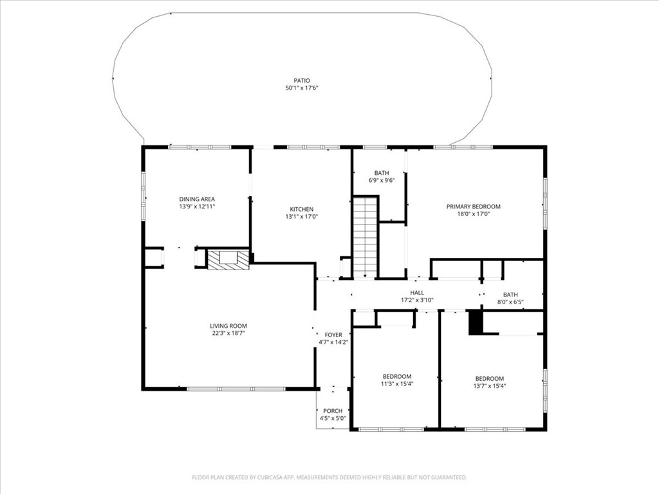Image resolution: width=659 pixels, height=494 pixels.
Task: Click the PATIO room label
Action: pyautogui.click(x=302, y=80)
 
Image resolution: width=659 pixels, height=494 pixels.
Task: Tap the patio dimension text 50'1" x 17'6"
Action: pyautogui.click(x=302, y=88)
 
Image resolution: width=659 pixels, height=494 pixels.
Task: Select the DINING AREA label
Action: pyautogui.click(x=196, y=199)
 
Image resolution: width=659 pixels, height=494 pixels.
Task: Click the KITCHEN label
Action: pyautogui.click(x=301, y=209)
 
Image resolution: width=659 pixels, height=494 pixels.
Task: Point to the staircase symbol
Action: pyautogui.click(x=365, y=237)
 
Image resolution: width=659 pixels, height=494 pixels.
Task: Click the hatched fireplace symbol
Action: pyautogui.click(x=228, y=260)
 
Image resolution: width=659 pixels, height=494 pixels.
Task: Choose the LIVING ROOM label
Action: pyautogui.click(x=228, y=326)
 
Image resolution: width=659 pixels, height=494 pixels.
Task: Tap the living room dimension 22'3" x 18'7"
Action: pyautogui.click(x=228, y=334)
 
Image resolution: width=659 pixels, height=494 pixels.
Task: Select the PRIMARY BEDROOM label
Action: pyautogui.click(x=473, y=206)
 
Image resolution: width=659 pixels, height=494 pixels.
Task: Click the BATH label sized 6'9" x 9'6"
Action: pyautogui.click(x=382, y=173)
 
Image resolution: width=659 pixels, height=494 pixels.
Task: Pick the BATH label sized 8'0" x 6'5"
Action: pyautogui.click(x=510, y=294)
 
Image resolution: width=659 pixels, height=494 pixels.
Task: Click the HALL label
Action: pyautogui.click(x=417, y=292)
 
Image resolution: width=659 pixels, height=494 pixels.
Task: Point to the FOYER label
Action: pyautogui.click(x=333, y=334)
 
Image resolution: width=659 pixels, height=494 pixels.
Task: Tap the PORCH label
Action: pyautogui.click(x=333, y=411)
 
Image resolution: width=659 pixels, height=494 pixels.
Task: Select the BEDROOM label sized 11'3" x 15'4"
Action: pyautogui.click(x=396, y=376)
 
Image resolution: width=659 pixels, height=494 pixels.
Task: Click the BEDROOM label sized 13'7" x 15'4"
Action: pyautogui.click(x=489, y=378)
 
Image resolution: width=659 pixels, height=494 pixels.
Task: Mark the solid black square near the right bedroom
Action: pyautogui.click(x=475, y=322)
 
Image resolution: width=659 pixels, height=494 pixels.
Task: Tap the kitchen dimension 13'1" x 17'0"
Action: pyautogui.click(x=301, y=217)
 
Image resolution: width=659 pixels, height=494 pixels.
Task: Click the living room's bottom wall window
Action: pyautogui.click(x=236, y=389)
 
